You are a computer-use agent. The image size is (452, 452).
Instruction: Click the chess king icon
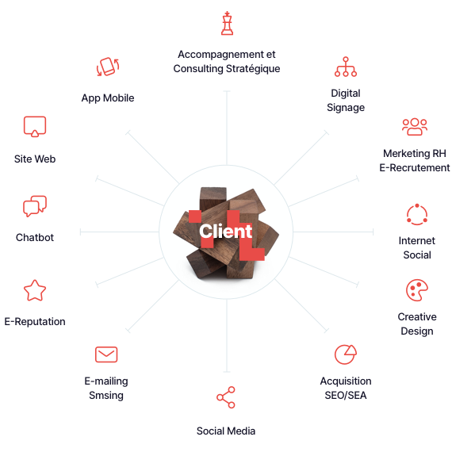[227, 23]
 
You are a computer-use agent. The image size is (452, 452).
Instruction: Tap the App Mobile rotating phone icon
[108, 67]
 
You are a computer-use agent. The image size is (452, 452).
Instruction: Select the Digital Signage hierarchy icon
[346, 67]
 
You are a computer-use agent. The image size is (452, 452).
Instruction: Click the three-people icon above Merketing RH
[415, 127]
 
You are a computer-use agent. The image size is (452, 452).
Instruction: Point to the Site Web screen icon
[35, 127]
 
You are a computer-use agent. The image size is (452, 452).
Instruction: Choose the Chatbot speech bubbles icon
[35, 206]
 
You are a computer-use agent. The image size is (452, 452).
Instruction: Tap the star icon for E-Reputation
[35, 290]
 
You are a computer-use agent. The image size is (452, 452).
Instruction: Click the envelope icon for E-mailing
[106, 354]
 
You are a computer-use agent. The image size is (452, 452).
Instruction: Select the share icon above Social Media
[226, 397]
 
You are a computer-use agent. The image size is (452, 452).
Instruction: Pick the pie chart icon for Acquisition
[346, 354]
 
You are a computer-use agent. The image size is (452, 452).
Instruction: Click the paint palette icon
[417, 290]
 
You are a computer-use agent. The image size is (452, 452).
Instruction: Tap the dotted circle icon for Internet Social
[417, 214]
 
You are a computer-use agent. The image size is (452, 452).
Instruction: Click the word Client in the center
[226, 232]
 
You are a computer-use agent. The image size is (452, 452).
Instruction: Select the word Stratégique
[253, 69]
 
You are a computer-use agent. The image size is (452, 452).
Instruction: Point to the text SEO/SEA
[346, 395]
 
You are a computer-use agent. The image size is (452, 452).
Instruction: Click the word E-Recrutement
[415, 168]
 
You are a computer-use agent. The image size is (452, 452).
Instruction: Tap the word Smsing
[106, 396]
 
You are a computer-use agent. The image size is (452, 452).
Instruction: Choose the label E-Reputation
[35, 322]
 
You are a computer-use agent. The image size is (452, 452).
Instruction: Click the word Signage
[346, 108]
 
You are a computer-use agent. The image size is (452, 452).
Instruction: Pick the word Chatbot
[35, 238]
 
